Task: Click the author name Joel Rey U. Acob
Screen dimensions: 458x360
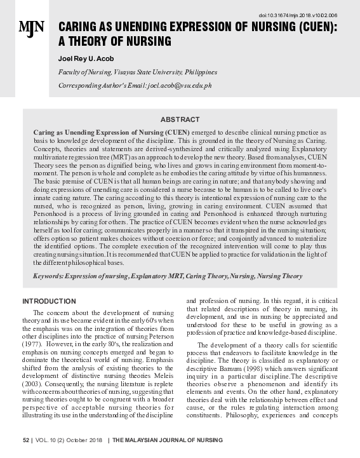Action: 86,58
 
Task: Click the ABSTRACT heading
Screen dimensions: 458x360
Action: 180,119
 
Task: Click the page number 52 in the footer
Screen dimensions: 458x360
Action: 26,440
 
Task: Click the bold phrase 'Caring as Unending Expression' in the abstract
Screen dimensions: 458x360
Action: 82,131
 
